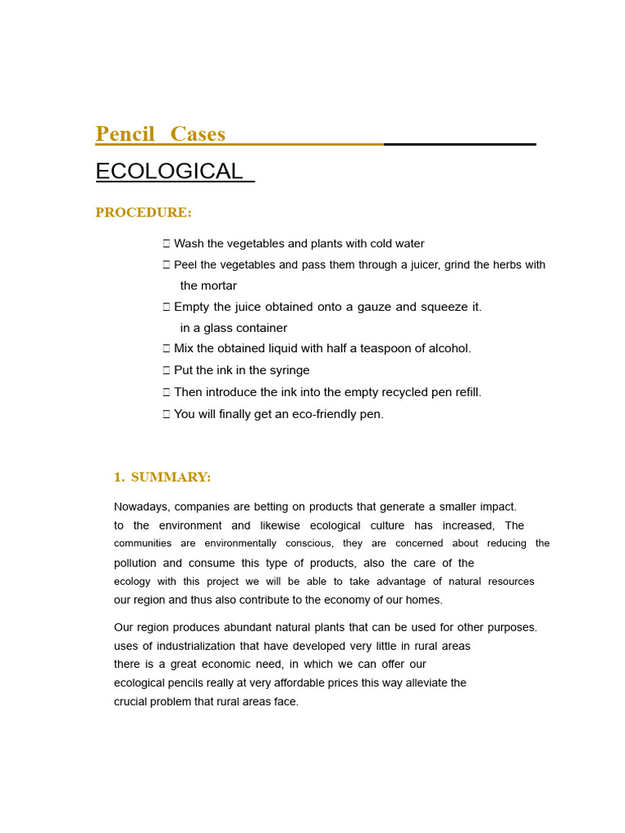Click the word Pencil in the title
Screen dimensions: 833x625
click(125, 134)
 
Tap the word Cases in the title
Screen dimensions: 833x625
click(198, 134)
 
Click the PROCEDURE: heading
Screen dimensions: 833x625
click(143, 213)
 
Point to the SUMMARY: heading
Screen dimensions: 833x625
click(171, 478)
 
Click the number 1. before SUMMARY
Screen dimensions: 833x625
click(119, 478)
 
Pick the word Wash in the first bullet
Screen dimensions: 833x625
click(188, 244)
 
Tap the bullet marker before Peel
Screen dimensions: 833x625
click(166, 265)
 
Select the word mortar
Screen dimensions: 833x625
click(220, 286)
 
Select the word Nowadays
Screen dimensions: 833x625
click(142, 508)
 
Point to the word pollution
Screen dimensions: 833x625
click(135, 564)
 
